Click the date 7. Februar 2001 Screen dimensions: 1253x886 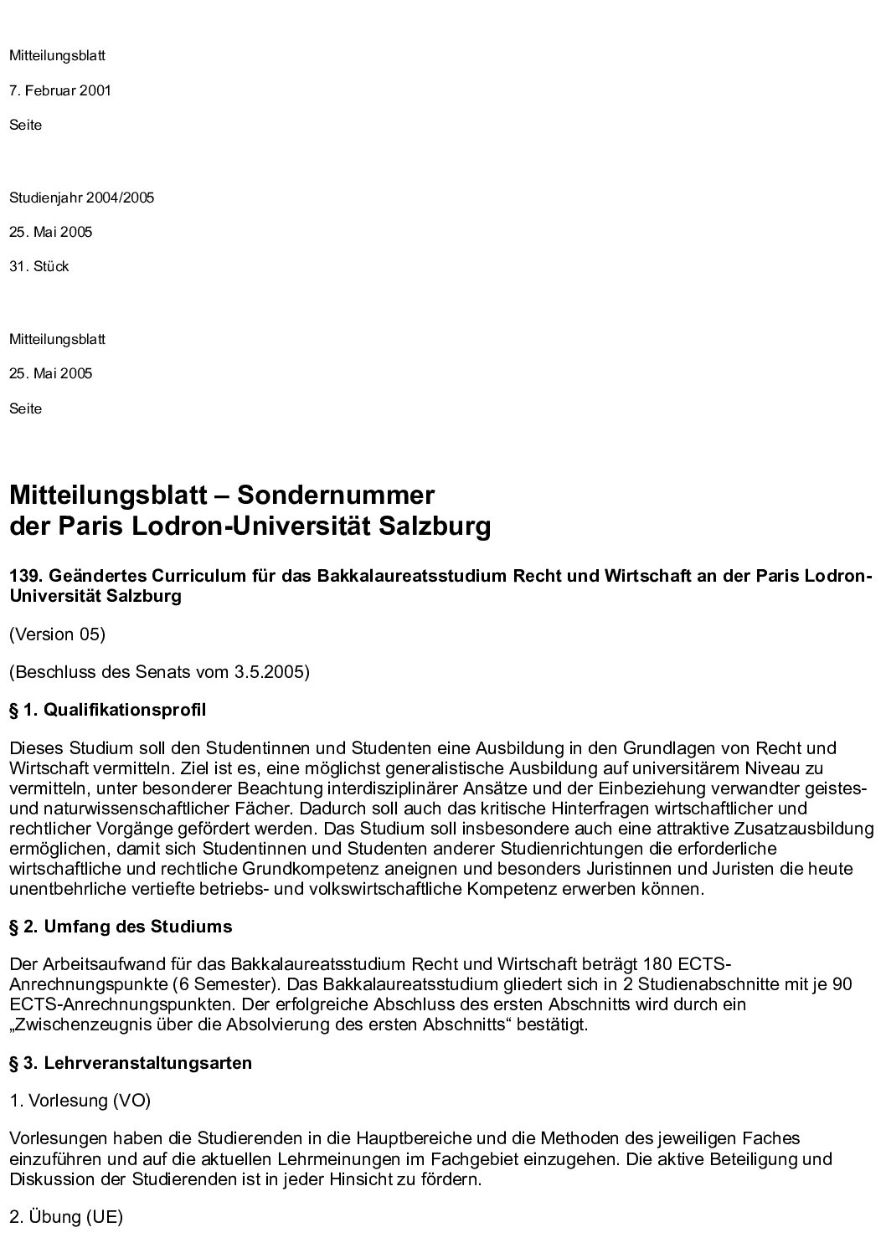(x=59, y=90)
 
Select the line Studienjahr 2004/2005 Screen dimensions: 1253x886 (x=81, y=198)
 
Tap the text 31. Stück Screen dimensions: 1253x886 (x=39, y=266)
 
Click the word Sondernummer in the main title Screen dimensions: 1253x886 (x=336, y=495)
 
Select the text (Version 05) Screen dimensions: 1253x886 (x=57, y=634)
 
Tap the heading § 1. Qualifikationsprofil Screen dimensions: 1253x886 (x=107, y=710)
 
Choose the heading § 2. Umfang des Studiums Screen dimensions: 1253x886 (x=121, y=927)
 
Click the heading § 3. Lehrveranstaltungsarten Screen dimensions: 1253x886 (x=130, y=1063)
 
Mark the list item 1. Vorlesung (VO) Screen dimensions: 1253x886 (x=80, y=1101)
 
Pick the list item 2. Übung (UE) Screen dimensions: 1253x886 (x=66, y=1217)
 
